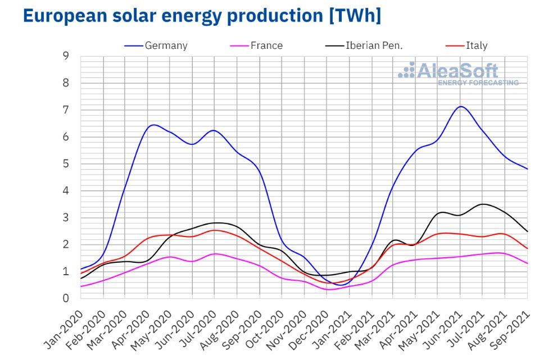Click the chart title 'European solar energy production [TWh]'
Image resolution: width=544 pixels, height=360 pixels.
pos(202,16)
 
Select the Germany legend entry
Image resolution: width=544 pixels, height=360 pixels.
pos(166,45)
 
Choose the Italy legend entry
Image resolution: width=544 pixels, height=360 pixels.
pos(477,45)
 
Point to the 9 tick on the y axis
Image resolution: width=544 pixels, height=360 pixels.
pos(66,56)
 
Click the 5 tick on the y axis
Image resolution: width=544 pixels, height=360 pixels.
pos(66,164)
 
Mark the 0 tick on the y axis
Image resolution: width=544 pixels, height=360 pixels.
pos(66,298)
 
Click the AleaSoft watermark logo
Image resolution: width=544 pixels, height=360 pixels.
pos(458,74)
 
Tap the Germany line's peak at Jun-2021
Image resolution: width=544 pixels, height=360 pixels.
pos(461,107)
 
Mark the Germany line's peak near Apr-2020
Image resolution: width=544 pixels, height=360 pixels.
pos(153,125)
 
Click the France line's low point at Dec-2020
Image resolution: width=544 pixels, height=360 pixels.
pos(328,289)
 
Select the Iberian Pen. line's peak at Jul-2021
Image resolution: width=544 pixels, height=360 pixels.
pos(483,204)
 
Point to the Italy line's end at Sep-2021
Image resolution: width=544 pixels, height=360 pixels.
pos(527,248)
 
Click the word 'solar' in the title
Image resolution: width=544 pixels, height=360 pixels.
pos(132,16)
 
